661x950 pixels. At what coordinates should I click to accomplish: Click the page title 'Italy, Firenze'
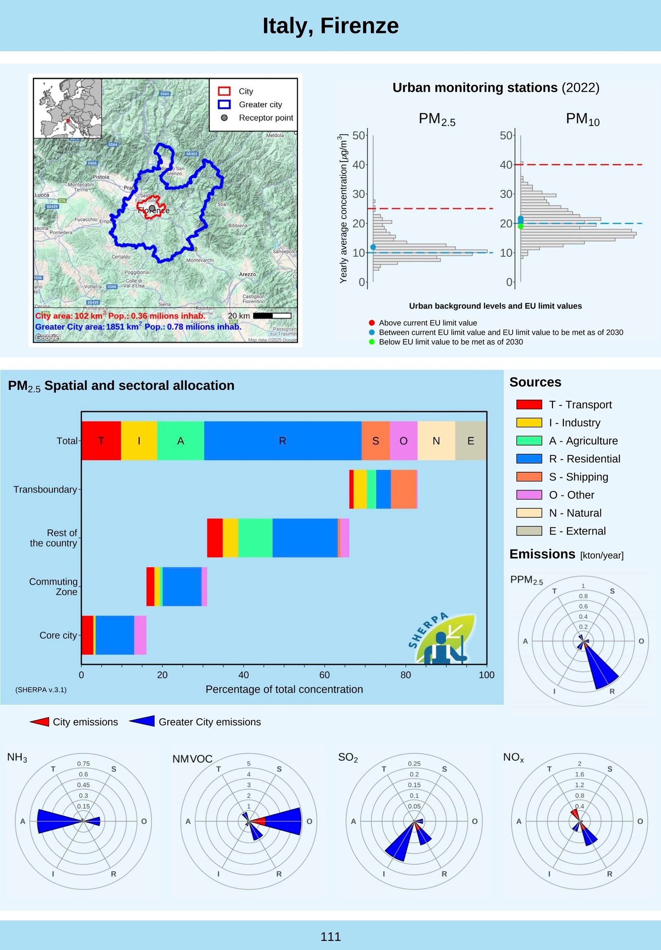330,26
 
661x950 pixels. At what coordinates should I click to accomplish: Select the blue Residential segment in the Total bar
282,441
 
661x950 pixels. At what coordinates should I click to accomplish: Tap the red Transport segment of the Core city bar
87,635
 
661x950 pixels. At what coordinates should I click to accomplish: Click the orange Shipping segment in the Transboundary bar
404,489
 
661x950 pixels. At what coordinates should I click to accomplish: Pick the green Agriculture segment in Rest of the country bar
255,538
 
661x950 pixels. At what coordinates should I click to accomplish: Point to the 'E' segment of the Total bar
471,441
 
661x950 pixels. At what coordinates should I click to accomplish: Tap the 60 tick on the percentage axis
324,675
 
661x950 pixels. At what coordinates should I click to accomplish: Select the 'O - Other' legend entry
571,495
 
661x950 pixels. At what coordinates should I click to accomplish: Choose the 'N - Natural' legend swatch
529,513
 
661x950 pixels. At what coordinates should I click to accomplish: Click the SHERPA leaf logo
443,637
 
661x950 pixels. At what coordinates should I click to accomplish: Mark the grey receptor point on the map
152,208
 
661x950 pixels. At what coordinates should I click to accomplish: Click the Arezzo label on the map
247,274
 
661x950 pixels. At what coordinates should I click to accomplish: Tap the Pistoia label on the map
100,177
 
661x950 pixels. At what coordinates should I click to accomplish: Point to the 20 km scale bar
272,316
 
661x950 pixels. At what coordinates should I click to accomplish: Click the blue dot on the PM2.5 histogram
373,247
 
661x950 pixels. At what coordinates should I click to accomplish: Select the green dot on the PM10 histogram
521,226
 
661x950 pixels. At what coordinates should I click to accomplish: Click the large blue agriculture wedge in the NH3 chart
58,821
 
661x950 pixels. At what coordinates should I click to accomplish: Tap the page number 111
330,936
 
